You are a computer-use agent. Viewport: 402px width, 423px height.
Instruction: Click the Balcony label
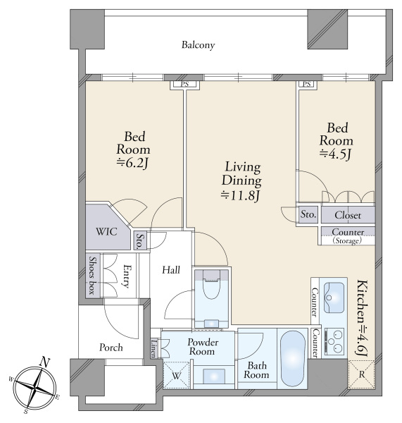click(x=198, y=45)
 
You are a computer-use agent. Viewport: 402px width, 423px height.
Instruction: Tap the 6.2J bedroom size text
click(x=133, y=163)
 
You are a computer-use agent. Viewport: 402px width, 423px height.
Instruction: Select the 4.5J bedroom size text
click(x=335, y=154)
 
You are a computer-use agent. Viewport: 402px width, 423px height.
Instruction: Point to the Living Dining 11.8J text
click(x=241, y=181)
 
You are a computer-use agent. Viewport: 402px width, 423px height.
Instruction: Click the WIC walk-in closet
click(x=107, y=231)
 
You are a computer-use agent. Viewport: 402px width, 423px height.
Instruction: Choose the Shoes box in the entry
click(x=93, y=276)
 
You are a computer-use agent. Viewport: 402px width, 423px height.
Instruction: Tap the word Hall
click(x=171, y=270)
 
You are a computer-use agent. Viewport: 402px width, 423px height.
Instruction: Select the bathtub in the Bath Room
click(x=293, y=359)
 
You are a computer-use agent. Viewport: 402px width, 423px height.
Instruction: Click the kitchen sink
click(x=334, y=298)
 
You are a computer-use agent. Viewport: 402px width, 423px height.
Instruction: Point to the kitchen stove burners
click(x=334, y=341)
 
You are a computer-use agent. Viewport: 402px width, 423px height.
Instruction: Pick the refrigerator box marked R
click(x=361, y=374)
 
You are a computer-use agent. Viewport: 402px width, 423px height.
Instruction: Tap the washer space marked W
click(x=177, y=375)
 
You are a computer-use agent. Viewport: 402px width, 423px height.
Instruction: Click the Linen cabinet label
click(x=154, y=348)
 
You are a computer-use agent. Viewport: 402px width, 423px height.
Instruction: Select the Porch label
click(x=111, y=347)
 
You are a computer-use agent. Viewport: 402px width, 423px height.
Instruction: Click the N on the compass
click(x=45, y=362)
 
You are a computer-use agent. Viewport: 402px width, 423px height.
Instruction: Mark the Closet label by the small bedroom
click(x=348, y=215)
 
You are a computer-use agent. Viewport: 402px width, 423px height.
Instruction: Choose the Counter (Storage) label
click(x=348, y=235)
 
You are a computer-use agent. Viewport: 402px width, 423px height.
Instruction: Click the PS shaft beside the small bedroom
click(x=307, y=84)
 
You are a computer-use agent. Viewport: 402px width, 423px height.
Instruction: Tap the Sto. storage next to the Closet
click(x=308, y=214)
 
